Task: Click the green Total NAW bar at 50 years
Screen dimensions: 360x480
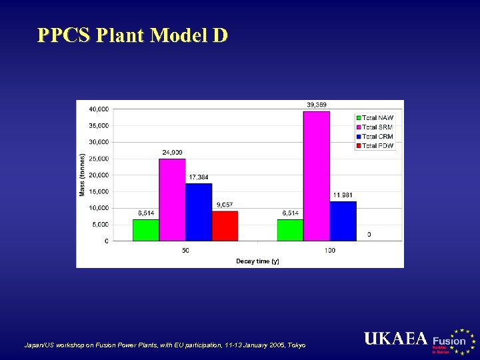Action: (x=146, y=230)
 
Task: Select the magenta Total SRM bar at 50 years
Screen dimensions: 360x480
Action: (x=172, y=200)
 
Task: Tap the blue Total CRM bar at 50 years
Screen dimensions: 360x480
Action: (x=199, y=212)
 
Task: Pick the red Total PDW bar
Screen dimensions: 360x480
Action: (x=225, y=226)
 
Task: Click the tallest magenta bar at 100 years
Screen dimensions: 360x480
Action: (x=317, y=176)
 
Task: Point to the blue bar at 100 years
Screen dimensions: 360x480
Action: (x=343, y=221)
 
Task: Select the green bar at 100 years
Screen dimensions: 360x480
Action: (x=290, y=230)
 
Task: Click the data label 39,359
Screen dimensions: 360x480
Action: (x=317, y=105)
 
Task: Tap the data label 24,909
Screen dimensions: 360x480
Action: (x=173, y=153)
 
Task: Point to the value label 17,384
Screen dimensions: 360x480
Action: (x=199, y=177)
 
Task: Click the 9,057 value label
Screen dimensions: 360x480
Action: (x=224, y=205)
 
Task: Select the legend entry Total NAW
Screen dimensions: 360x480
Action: (x=377, y=118)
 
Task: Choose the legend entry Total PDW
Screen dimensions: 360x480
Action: (x=377, y=145)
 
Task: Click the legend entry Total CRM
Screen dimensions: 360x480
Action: (x=377, y=136)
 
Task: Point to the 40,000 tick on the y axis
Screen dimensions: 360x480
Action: (x=100, y=109)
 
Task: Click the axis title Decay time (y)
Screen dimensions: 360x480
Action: (x=257, y=261)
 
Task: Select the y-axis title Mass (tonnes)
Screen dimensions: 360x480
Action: (x=83, y=175)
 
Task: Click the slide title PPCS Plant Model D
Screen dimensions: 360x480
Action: (x=133, y=35)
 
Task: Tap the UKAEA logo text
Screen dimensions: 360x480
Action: (x=395, y=339)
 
